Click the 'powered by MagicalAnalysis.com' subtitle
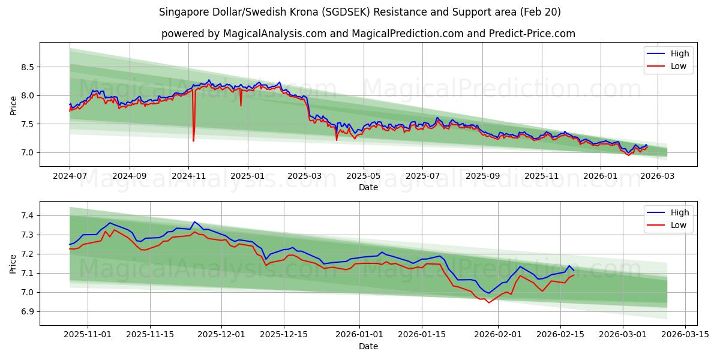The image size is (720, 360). click(x=368, y=34)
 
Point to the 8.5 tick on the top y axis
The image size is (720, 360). click(x=27, y=67)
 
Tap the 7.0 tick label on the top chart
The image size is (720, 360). click(x=27, y=152)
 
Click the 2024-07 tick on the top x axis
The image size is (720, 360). click(x=70, y=176)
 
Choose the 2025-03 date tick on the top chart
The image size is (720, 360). click(x=305, y=176)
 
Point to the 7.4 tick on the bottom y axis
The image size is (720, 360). click(x=27, y=215)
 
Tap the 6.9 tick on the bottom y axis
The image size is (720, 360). click(x=27, y=311)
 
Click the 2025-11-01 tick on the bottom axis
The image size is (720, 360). click(x=88, y=335)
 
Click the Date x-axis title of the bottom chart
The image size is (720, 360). click(x=368, y=346)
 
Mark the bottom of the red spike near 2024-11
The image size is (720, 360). click(x=193, y=140)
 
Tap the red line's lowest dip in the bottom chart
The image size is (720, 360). click(x=488, y=302)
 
